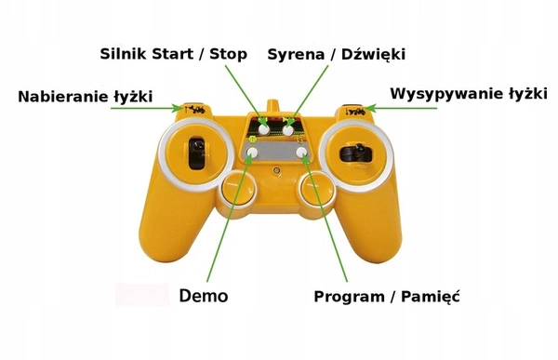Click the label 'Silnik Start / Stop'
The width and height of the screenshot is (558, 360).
click(x=173, y=54)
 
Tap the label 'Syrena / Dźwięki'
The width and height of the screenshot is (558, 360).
click(x=337, y=55)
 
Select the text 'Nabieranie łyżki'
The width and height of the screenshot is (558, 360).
click(x=86, y=97)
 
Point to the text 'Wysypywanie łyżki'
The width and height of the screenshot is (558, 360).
click(x=469, y=94)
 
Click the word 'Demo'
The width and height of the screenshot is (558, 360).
click(x=204, y=296)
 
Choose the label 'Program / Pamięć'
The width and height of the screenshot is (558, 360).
click(x=387, y=296)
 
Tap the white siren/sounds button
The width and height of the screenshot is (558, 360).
click(x=288, y=129)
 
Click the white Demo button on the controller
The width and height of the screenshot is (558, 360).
click(x=252, y=153)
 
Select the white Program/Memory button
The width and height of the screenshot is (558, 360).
click(x=301, y=152)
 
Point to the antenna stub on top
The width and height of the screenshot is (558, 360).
click(x=273, y=106)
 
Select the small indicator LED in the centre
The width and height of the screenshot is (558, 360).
click(x=276, y=170)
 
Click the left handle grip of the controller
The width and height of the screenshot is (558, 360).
click(x=171, y=228)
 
